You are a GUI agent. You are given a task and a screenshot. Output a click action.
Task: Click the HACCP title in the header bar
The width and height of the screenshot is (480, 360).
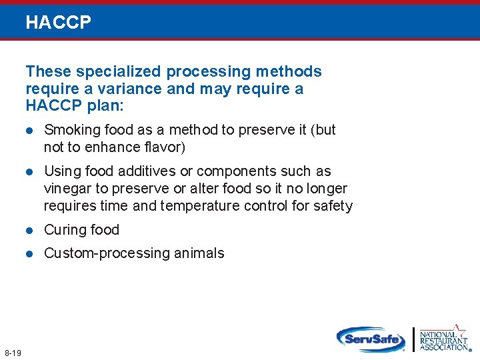point(58,23)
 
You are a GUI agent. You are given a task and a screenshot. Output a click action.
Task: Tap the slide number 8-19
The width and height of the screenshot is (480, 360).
point(13,351)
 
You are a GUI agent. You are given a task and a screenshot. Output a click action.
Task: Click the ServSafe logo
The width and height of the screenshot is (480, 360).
point(371,339)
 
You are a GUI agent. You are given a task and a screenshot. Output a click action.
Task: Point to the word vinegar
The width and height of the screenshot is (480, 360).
point(67,189)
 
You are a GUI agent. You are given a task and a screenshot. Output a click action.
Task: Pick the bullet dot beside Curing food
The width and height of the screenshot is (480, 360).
point(29,230)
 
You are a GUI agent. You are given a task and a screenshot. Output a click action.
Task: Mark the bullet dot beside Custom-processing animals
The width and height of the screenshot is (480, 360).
point(29,253)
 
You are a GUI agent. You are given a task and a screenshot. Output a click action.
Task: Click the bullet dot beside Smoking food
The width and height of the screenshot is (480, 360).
point(29,130)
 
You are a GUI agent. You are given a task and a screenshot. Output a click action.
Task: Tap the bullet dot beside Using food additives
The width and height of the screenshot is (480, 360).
point(29,171)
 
